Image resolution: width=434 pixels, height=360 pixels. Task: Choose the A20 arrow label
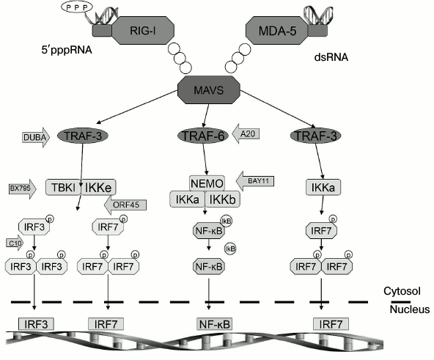point(246,134)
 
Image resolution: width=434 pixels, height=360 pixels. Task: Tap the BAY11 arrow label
point(257,178)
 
